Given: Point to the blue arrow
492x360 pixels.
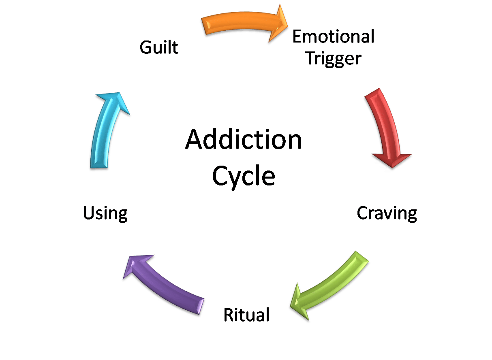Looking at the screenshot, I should pyautogui.click(x=103, y=130).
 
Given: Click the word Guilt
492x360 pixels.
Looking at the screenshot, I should pyautogui.click(x=159, y=47).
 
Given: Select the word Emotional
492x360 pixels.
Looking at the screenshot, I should pyautogui.click(x=333, y=37).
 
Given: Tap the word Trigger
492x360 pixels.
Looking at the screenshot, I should pyautogui.click(x=333, y=58).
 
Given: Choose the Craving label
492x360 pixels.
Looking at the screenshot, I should pyautogui.click(x=387, y=213).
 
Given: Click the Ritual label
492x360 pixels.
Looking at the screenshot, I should pyautogui.click(x=246, y=315).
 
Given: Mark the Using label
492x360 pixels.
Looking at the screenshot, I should pyautogui.click(x=105, y=213).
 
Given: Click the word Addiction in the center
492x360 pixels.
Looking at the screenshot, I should pyautogui.click(x=244, y=140).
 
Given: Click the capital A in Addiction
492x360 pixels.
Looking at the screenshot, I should pyautogui.click(x=194, y=140).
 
